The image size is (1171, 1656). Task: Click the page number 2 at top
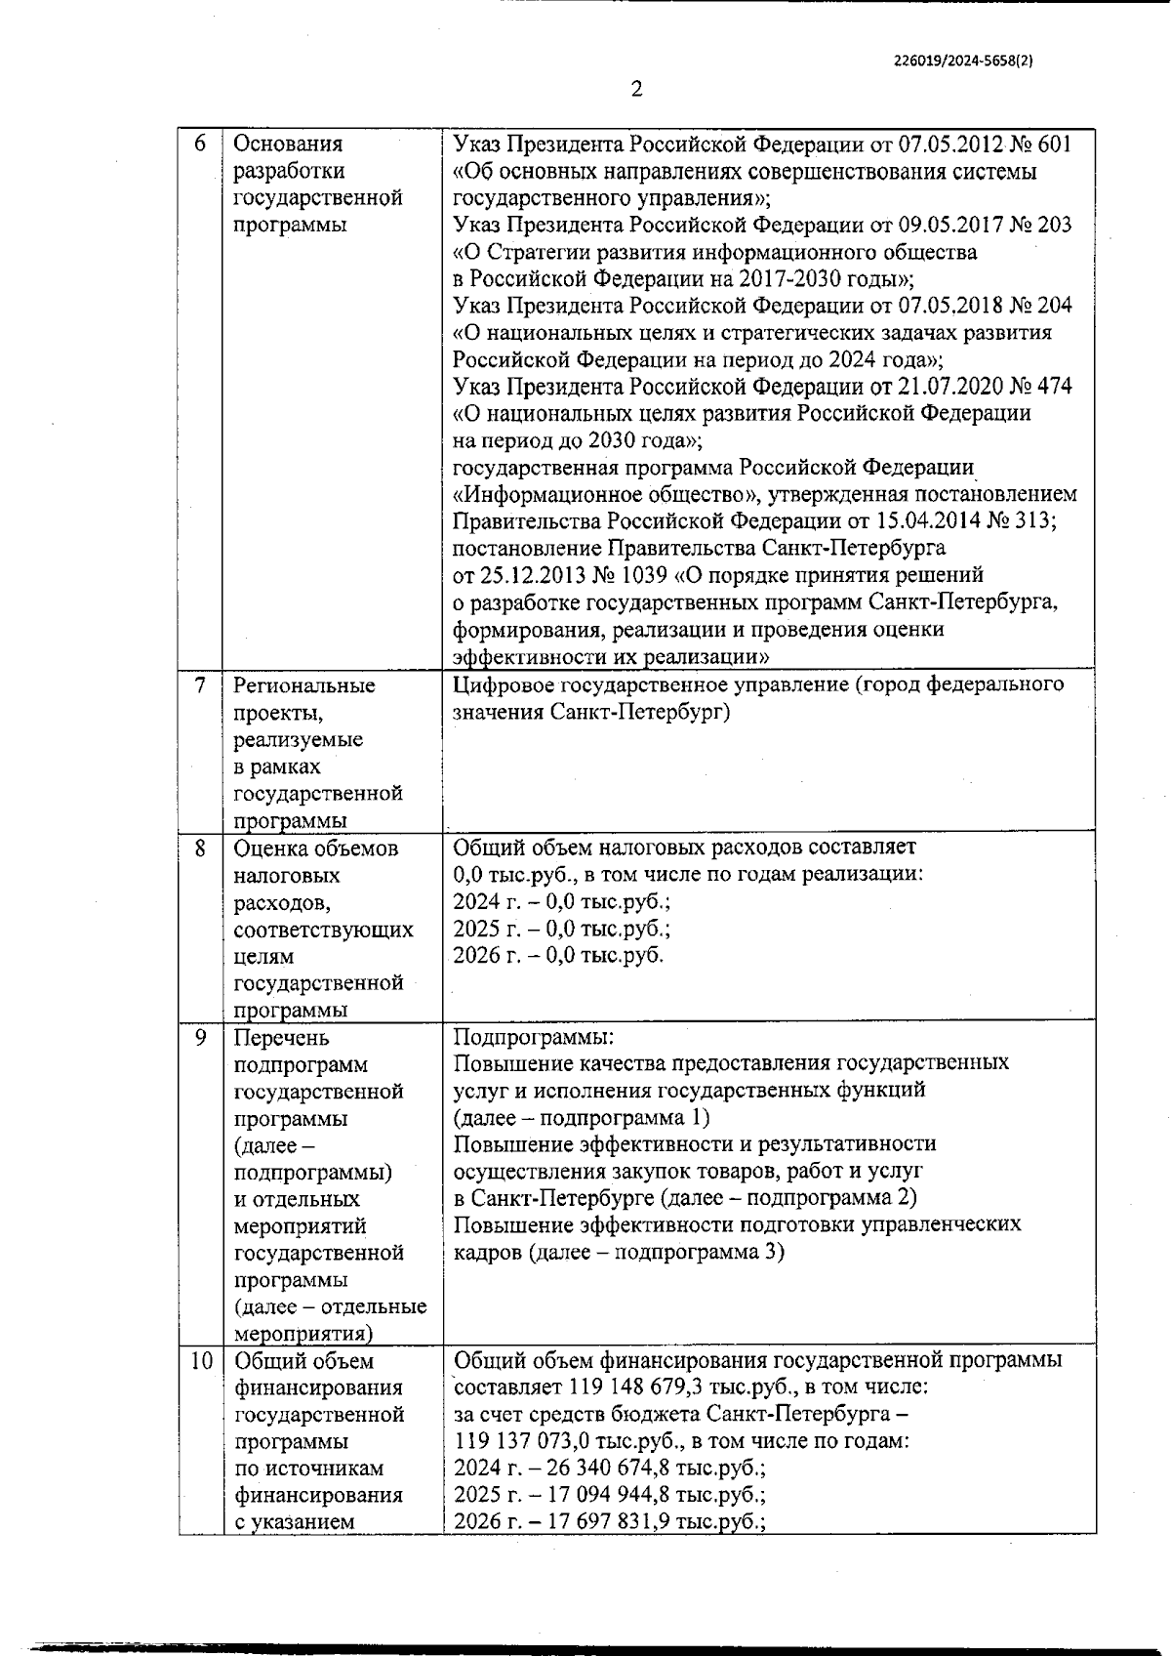(637, 90)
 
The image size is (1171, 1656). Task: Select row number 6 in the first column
(200, 144)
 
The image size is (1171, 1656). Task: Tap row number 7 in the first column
(200, 685)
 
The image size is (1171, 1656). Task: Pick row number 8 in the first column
(200, 849)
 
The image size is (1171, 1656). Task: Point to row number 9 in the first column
(200, 1038)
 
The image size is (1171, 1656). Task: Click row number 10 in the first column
(200, 1361)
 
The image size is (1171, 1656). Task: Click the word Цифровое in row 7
(499, 684)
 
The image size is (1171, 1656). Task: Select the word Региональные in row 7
(303, 685)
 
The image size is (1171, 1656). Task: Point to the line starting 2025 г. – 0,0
(562, 929)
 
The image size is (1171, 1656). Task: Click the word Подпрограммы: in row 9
(534, 1037)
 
